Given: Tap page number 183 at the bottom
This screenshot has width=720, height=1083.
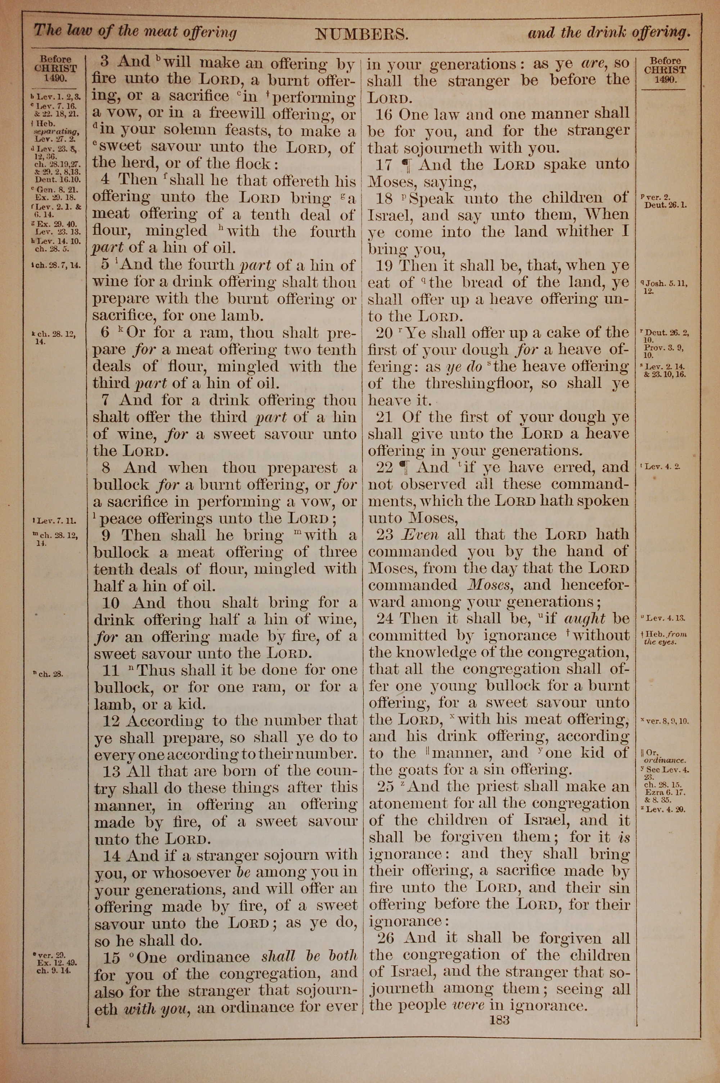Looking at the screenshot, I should tap(500, 1020).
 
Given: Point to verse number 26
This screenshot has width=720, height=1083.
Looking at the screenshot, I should tap(386, 937).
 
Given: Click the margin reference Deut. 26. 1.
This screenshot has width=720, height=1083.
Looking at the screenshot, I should tap(665, 205).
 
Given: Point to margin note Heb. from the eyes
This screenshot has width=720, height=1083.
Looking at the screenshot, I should tap(665, 638).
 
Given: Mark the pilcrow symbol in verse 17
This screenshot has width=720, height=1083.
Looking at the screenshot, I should tap(405, 164).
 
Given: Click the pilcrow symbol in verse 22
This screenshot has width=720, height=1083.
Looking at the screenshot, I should tap(404, 467).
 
